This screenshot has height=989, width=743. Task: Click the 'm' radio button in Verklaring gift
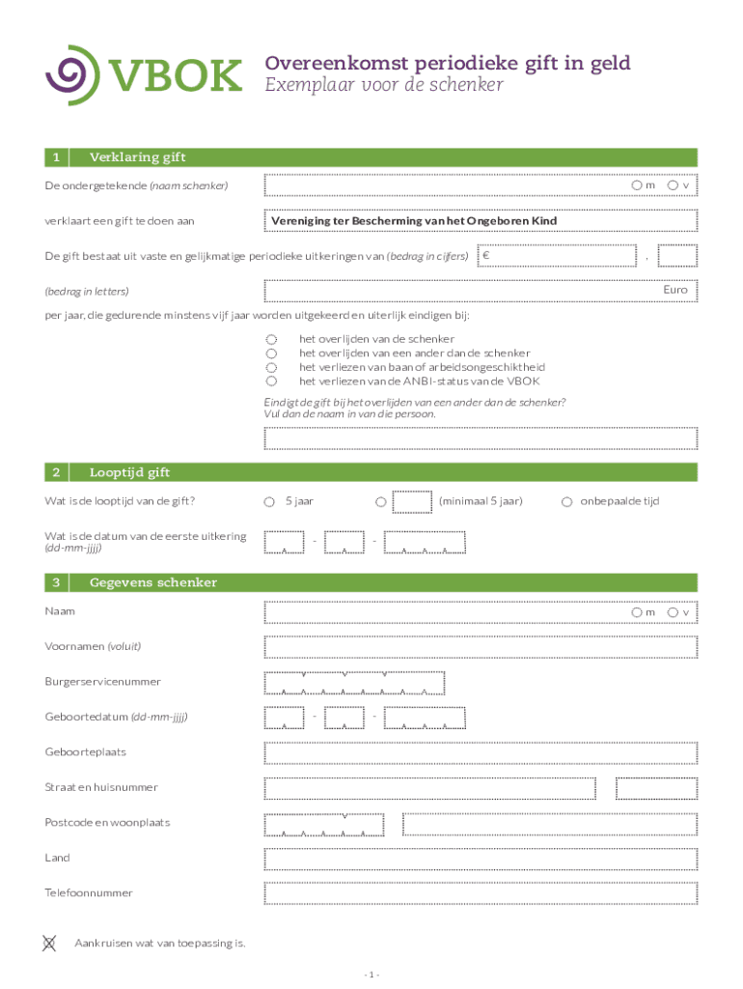(637, 184)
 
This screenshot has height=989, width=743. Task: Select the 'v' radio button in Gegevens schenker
(673, 612)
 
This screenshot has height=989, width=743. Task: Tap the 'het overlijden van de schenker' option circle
(271, 339)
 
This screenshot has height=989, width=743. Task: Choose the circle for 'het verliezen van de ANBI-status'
(271, 381)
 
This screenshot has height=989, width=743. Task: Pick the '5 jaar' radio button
(271, 501)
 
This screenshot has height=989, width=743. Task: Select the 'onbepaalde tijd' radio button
(566, 501)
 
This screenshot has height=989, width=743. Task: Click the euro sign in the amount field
(486, 255)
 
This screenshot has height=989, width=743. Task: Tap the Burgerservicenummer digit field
(354, 683)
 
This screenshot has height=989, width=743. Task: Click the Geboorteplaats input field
(480, 752)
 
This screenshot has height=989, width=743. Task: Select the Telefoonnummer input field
(480, 893)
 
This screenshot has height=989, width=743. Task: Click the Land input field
(480, 859)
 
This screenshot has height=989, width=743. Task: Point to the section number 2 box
(57, 472)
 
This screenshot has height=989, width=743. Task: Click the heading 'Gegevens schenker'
(152, 582)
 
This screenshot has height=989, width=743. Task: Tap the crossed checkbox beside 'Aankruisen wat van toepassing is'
(49, 943)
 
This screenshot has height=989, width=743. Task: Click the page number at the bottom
(371, 974)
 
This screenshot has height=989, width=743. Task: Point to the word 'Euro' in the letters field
(674, 290)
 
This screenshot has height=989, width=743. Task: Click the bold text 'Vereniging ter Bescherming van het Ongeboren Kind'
(414, 221)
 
